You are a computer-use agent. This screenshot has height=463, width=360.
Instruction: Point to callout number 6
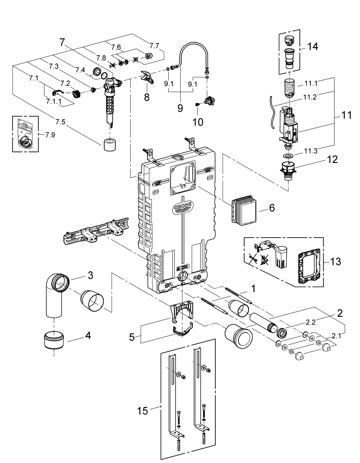(272, 208)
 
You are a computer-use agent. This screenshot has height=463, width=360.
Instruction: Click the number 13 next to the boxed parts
(335, 262)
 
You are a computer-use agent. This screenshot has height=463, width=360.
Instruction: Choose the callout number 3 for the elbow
(91, 275)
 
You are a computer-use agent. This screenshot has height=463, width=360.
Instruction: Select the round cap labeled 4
(55, 342)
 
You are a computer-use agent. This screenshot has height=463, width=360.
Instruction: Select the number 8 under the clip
(147, 97)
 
